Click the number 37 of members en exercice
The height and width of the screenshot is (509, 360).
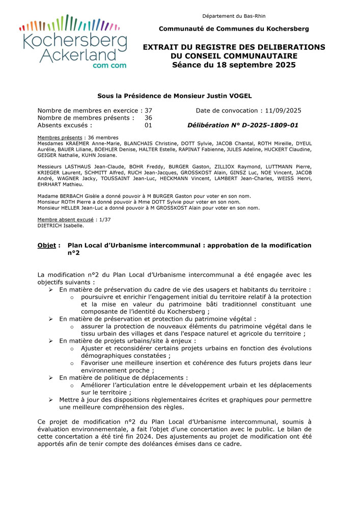click(148, 110)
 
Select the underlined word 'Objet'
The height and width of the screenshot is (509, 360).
click(46, 245)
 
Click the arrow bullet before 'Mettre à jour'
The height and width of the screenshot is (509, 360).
click(51, 400)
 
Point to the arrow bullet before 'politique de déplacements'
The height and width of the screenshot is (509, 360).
click(51, 378)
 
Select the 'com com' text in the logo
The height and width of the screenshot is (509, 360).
click(109, 66)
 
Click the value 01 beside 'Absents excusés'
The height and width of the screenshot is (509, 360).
click(148, 125)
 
